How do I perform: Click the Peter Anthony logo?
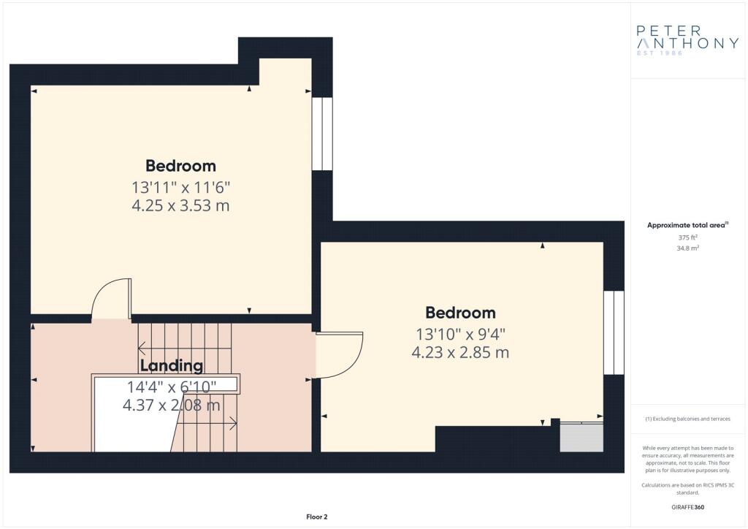[687, 40]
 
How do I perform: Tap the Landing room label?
[171, 366]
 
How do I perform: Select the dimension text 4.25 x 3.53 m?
[181, 205]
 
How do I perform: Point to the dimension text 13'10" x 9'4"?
[460, 334]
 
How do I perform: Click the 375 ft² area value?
[687, 237]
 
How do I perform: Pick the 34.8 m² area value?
[687, 248]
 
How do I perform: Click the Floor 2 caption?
[317, 517]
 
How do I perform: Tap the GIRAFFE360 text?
[687, 507]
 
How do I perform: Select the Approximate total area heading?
[687, 225]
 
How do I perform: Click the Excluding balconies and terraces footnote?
[687, 419]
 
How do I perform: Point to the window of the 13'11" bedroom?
[322, 134]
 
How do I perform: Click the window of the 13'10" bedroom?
[614, 332]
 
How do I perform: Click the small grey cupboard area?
[581, 437]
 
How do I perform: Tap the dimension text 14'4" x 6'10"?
[171, 387]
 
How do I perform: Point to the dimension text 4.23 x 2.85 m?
[460, 352]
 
